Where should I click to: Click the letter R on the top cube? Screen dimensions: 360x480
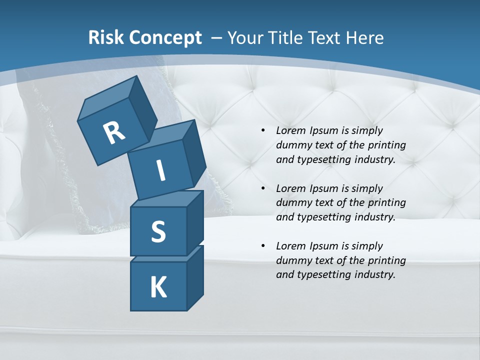tap(114, 133)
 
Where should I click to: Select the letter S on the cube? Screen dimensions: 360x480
tap(158, 231)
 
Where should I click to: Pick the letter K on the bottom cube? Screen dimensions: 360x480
tap(158, 287)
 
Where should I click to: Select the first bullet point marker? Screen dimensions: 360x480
tap(263, 130)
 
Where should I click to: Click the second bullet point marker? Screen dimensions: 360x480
tap(263, 188)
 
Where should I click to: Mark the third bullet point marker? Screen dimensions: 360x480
tap(263, 246)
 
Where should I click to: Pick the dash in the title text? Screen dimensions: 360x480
tap(217, 38)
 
